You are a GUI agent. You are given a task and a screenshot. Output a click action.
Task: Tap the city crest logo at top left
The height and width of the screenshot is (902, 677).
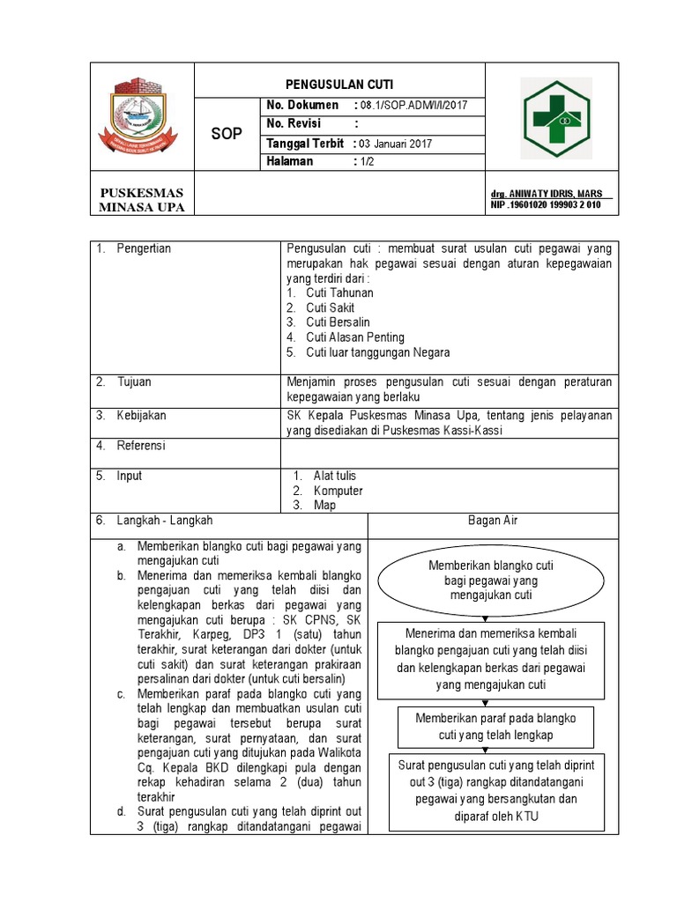[142, 118]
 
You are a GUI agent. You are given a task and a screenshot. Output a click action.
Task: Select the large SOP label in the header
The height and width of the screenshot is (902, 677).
[227, 134]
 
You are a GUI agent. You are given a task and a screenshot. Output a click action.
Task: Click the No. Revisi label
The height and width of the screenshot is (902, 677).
[295, 124]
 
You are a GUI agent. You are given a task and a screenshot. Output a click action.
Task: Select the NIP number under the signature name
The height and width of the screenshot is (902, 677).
[546, 204]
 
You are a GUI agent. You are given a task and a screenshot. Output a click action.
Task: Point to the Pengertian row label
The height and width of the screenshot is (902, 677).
[144, 248]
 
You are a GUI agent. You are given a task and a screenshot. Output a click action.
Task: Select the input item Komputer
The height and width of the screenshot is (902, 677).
[338, 491]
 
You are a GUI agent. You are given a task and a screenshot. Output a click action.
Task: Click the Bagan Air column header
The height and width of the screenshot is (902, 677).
[493, 521]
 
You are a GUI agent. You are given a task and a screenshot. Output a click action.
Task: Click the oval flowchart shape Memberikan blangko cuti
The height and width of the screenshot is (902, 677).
[491, 580]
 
